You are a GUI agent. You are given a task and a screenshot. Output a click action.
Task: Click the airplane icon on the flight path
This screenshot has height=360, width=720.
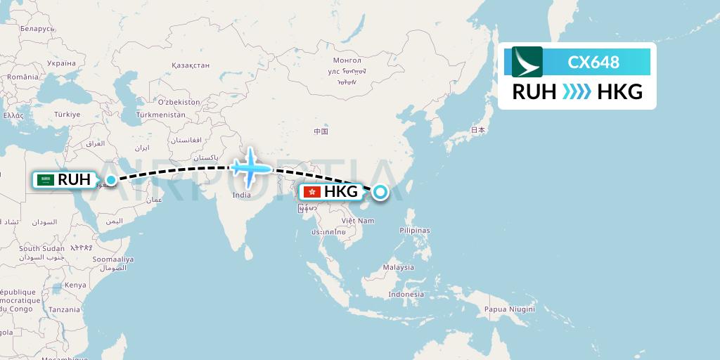(x=250, y=168)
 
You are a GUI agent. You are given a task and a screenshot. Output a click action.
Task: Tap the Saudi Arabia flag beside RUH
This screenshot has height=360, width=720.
(x=46, y=180)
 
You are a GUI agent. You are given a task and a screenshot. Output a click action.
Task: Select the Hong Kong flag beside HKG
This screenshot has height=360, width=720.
(x=311, y=192)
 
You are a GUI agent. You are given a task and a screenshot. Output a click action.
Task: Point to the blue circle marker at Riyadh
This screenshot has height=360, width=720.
(x=110, y=181)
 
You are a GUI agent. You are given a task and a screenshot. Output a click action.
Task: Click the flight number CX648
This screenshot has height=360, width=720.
(x=593, y=62)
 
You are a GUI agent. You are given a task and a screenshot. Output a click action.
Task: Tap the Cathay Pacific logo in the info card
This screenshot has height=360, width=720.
(x=527, y=62)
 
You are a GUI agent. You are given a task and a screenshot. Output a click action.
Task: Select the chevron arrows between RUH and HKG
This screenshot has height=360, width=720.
(x=577, y=92)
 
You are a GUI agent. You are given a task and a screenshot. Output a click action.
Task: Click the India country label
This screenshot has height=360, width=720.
(x=241, y=195)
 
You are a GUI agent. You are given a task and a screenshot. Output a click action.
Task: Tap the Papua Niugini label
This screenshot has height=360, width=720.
(x=508, y=308)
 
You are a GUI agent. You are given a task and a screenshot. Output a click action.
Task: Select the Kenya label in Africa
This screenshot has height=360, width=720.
(x=75, y=285)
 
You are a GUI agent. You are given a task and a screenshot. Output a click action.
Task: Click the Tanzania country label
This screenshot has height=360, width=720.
(x=64, y=309)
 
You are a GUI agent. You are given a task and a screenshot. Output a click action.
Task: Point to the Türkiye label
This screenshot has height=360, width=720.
(x=67, y=114)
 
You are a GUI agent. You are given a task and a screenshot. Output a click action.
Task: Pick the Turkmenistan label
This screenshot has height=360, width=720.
(x=160, y=114)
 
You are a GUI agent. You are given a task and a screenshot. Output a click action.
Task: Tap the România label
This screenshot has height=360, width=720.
(x=23, y=77)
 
